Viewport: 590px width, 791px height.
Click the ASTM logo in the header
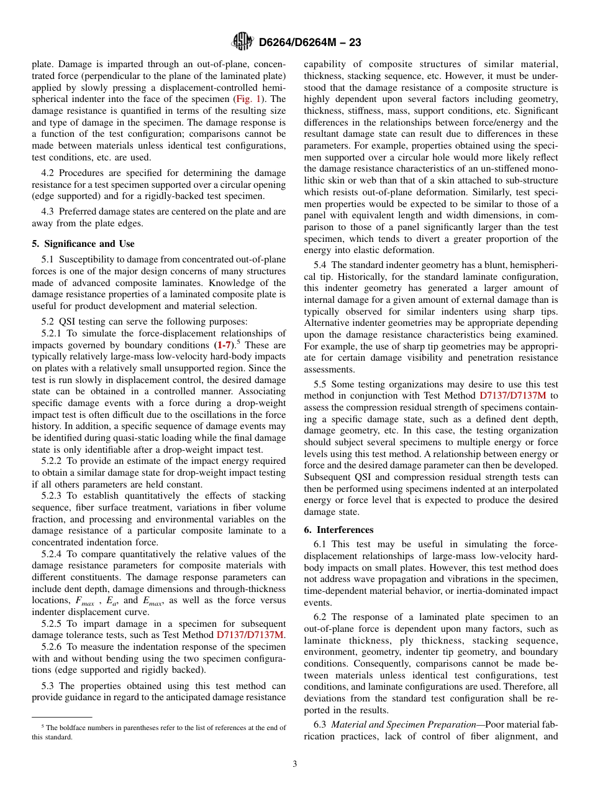click(x=242, y=42)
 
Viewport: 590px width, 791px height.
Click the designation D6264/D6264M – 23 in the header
click(x=309, y=42)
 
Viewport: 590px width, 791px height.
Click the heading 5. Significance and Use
click(x=83, y=244)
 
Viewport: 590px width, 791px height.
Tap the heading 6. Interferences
click(x=339, y=530)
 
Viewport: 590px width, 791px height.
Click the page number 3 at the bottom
click(x=295, y=764)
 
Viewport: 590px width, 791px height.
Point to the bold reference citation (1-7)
click(x=225, y=345)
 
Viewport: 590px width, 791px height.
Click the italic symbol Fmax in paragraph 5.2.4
click(x=84, y=601)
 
